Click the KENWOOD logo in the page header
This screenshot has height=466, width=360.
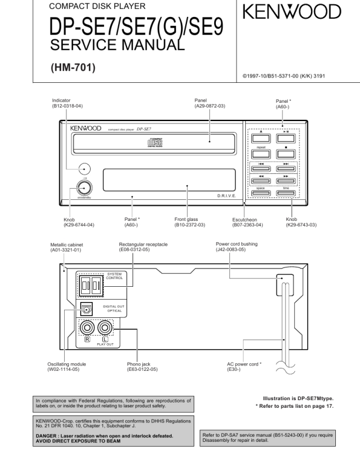(292, 12)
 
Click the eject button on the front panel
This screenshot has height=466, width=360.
(261, 139)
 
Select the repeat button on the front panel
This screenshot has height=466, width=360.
(261, 153)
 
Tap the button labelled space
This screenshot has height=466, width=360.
(261, 193)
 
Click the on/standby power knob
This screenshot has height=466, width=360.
(85, 188)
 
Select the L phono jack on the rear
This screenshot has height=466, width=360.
(106, 327)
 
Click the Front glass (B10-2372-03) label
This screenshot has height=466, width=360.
(189, 222)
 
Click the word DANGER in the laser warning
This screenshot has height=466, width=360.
(51, 435)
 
